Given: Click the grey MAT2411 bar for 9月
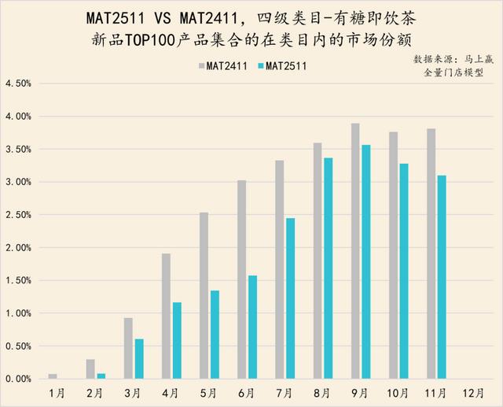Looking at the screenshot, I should [x=355, y=250].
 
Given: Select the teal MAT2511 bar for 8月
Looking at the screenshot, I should [x=328, y=268].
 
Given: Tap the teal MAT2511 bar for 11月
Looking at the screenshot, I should [x=442, y=276].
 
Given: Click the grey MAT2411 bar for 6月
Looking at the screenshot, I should [x=241, y=279].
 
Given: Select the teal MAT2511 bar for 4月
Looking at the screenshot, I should [x=177, y=340].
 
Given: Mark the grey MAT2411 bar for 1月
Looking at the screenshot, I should [x=53, y=376].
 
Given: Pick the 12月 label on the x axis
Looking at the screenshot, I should [x=474, y=391].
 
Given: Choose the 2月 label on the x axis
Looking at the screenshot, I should [x=94, y=391].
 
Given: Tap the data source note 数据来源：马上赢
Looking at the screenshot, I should [x=450, y=60].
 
